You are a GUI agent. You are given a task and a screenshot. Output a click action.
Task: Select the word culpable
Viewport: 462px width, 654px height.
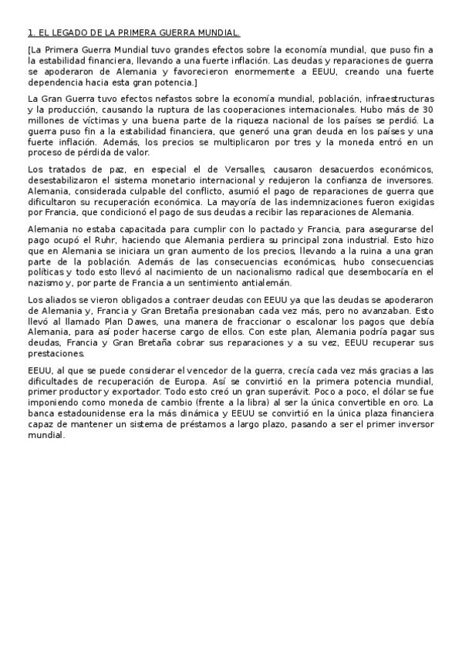pos(137,189)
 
